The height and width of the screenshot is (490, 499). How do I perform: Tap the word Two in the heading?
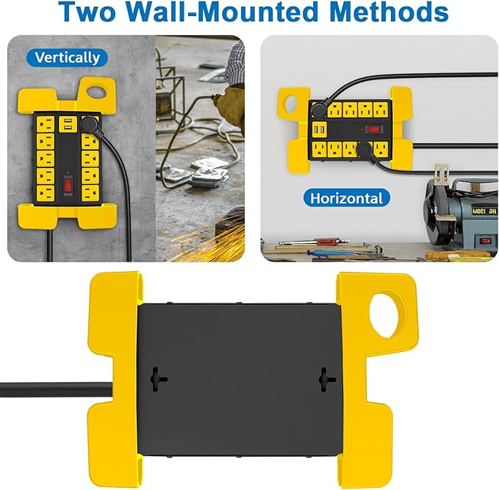point(87,12)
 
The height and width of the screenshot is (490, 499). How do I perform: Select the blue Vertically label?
point(67,57)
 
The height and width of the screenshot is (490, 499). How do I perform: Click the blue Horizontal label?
point(346,198)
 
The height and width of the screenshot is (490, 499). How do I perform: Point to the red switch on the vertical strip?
point(67,186)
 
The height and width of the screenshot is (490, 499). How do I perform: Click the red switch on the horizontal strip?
point(373,129)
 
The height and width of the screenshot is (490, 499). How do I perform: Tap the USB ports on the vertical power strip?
point(68,124)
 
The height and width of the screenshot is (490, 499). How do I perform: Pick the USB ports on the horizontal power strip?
point(320,129)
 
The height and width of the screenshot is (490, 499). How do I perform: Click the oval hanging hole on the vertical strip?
point(97,92)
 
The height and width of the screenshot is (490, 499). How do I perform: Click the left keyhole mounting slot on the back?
point(158,379)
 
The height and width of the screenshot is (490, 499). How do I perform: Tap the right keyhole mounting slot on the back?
point(326,379)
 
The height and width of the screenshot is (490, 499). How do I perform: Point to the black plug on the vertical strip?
point(91,124)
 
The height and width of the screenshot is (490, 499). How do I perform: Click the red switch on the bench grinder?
point(485,241)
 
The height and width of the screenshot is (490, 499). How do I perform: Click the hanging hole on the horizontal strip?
point(290,104)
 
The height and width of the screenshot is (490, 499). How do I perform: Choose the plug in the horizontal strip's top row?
point(319,109)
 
